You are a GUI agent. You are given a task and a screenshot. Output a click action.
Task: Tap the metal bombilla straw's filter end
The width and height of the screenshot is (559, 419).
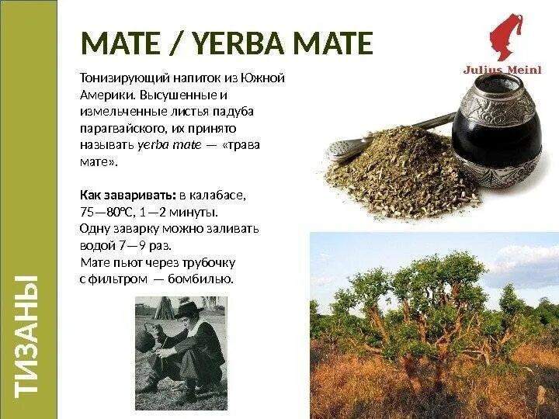342,147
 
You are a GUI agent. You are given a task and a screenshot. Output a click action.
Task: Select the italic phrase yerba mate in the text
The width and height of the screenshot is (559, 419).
169,145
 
